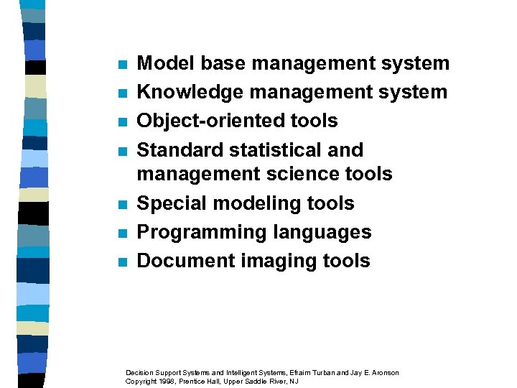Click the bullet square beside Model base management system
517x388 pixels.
pos(122,65)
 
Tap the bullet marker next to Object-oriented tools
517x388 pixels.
pos(122,122)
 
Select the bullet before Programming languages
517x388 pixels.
pos(122,234)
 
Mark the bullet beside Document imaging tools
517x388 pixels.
pos(122,262)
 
